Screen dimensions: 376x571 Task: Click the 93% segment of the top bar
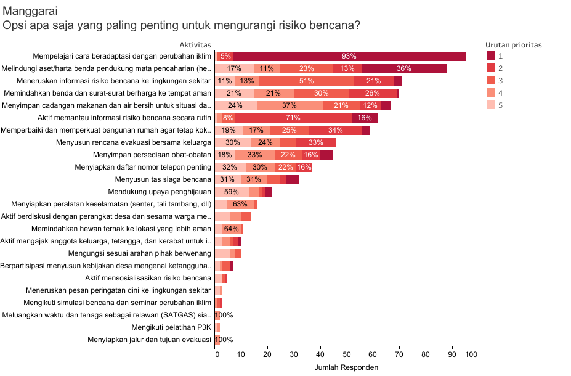pos(349,56)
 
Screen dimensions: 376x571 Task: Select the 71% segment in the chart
pos(293,118)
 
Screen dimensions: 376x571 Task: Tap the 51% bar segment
pos(306,81)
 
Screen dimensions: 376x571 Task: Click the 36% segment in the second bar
pos(404,68)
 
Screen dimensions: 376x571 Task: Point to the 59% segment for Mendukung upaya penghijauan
pos(232,192)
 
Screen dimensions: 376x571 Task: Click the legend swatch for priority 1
pos(490,56)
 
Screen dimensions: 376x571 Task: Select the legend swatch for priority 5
pos(490,105)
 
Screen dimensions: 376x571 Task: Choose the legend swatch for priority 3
pos(490,80)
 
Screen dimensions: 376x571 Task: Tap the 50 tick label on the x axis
pos(346,354)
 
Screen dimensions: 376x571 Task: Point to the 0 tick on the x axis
pos(216,354)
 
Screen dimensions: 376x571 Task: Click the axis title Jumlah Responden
pos(346,367)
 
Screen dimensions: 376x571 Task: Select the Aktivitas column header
pos(195,45)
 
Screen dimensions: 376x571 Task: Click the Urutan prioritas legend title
pos(513,45)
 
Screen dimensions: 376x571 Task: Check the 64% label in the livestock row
pos(231,229)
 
